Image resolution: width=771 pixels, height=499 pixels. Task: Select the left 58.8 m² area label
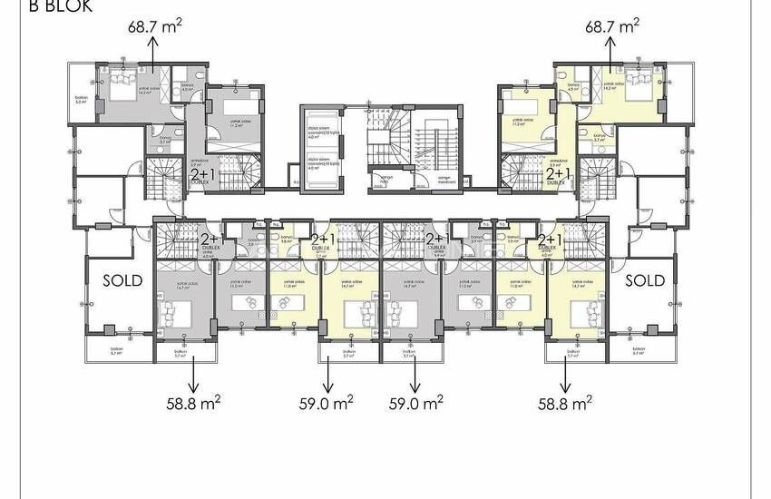195,400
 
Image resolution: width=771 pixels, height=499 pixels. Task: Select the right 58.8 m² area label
565,400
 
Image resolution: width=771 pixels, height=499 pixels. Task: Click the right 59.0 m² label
415,400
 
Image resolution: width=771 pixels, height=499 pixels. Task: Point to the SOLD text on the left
122,280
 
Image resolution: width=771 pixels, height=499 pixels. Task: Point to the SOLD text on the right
645,280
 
